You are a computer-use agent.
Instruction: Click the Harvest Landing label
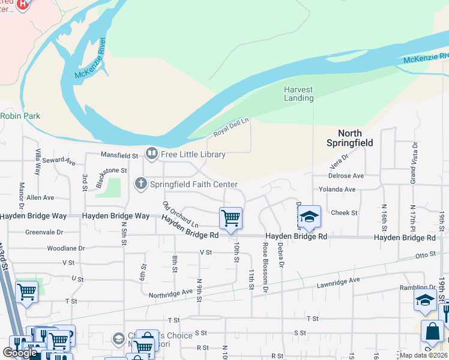298,94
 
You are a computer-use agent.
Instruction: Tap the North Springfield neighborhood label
349,138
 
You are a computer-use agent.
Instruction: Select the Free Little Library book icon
151,154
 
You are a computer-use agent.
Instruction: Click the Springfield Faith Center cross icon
141,184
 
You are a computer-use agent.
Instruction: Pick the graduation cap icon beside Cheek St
309,216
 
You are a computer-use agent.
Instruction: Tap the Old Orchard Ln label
180,213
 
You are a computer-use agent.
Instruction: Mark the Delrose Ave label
346,176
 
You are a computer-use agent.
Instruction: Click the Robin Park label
20,116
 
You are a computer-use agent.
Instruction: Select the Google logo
19,352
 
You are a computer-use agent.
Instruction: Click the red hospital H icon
23,5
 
